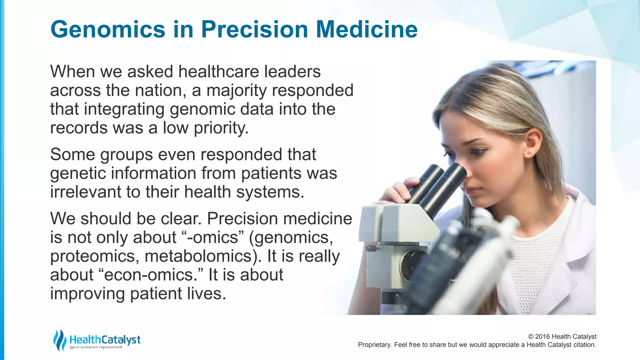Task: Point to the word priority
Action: pyautogui.click(x=221, y=128)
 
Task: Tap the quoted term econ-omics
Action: pyautogui.click(x=153, y=275)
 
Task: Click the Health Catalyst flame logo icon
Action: pyautogui.click(x=59, y=340)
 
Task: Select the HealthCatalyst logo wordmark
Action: pyautogui.click(x=105, y=339)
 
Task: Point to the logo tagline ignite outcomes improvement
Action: pyautogui.click(x=96, y=347)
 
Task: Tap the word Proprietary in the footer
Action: pyautogui.click(x=374, y=345)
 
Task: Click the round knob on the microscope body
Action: pyautogui.click(x=372, y=248)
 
